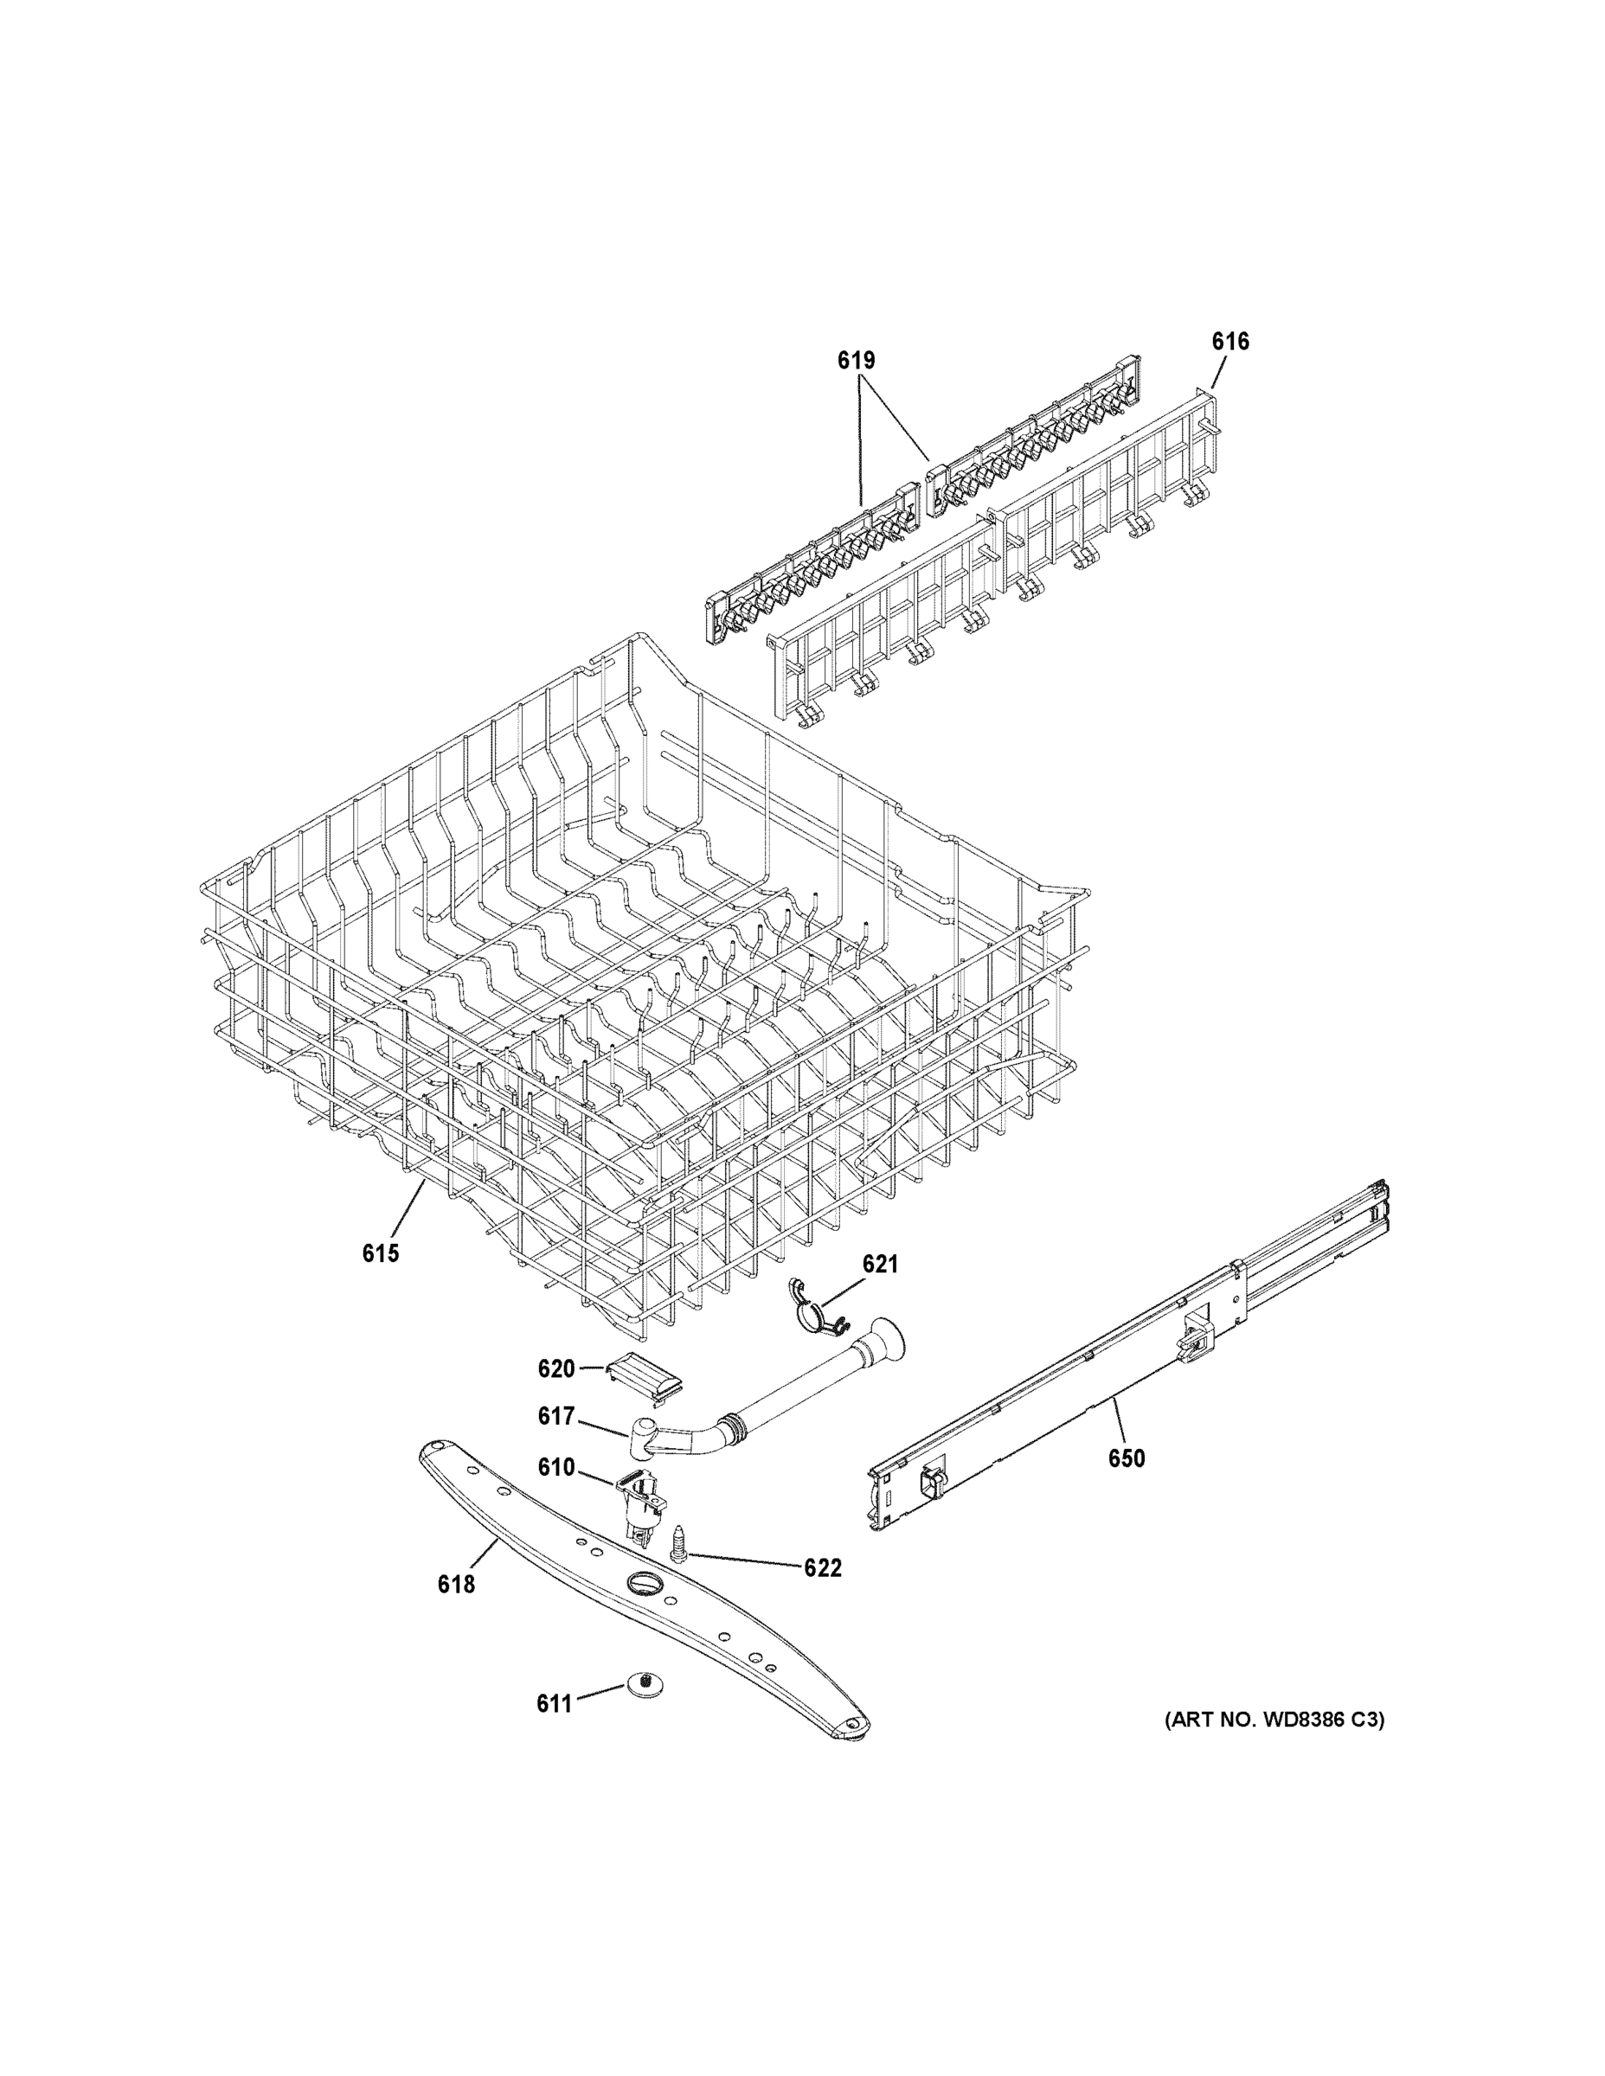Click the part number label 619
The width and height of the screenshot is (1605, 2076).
(x=856, y=362)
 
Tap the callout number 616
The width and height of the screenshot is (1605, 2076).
(x=1229, y=343)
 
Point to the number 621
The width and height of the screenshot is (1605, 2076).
(x=880, y=1265)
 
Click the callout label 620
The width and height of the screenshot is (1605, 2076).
(x=556, y=1368)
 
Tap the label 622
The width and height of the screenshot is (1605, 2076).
(x=823, y=1568)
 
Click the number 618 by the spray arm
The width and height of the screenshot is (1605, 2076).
(x=456, y=1585)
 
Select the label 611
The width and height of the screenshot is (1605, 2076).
(x=555, y=1703)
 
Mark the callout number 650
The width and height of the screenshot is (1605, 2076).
(x=1127, y=1458)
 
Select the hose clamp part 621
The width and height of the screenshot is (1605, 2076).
(x=811, y=1307)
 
